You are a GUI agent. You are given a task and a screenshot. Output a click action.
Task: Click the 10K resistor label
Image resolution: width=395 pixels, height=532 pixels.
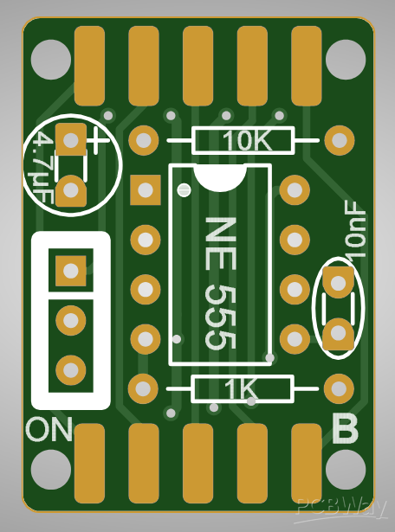pos(247,140)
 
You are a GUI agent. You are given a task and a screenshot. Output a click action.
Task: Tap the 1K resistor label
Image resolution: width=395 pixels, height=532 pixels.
pos(241,388)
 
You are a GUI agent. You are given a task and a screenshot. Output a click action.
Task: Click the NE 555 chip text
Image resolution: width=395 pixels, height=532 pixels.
pos(220,284)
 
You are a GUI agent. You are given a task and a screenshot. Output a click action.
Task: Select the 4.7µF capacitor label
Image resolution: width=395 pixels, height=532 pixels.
pos(43,168)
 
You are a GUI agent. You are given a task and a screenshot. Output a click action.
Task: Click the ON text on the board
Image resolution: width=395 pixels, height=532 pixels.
pos(49,429)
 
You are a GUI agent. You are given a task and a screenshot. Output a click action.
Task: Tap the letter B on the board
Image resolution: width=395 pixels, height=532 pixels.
pos(345,428)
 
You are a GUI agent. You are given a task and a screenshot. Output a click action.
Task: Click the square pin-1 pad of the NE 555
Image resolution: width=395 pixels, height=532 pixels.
pos(146,190)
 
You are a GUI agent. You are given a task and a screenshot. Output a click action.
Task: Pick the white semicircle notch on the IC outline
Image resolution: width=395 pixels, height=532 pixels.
pos(220,176)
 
